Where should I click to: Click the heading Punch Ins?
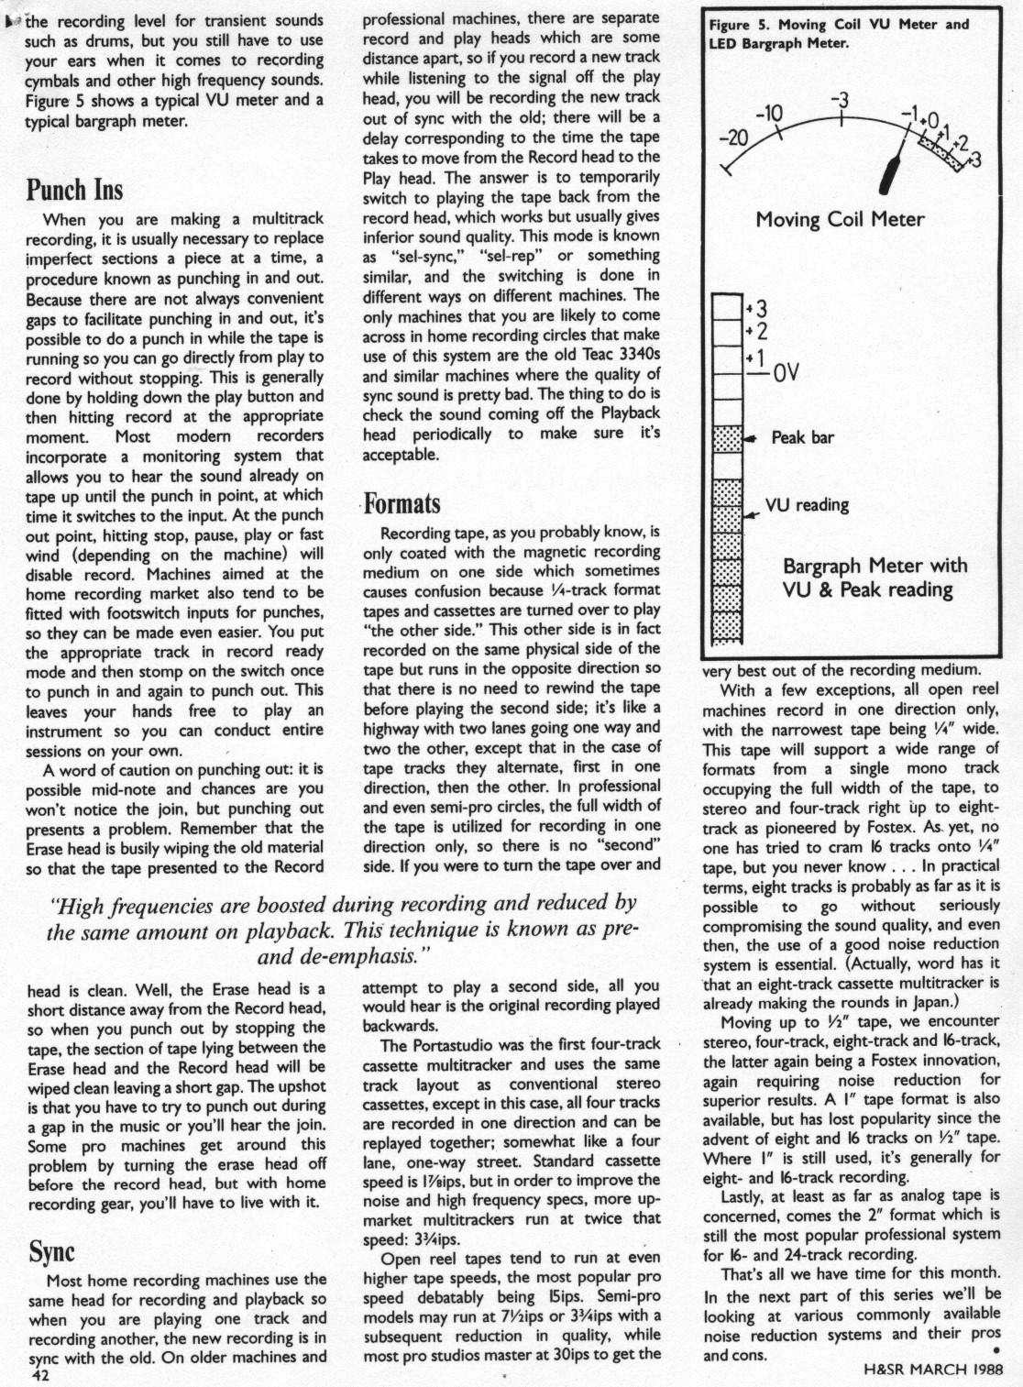coord(74,190)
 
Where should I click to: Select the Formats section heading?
coord(401,504)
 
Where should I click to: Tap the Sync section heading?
coord(51,1251)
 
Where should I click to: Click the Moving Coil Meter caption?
coord(840,220)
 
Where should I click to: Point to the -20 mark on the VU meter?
coord(733,138)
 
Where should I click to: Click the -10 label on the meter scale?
coord(769,114)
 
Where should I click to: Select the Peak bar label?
coord(802,438)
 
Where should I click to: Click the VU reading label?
coord(808,505)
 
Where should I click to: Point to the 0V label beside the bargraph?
coord(786,373)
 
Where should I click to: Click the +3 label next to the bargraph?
coord(760,308)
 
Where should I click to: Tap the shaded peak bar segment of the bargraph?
coord(727,438)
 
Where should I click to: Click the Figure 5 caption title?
coord(839,33)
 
